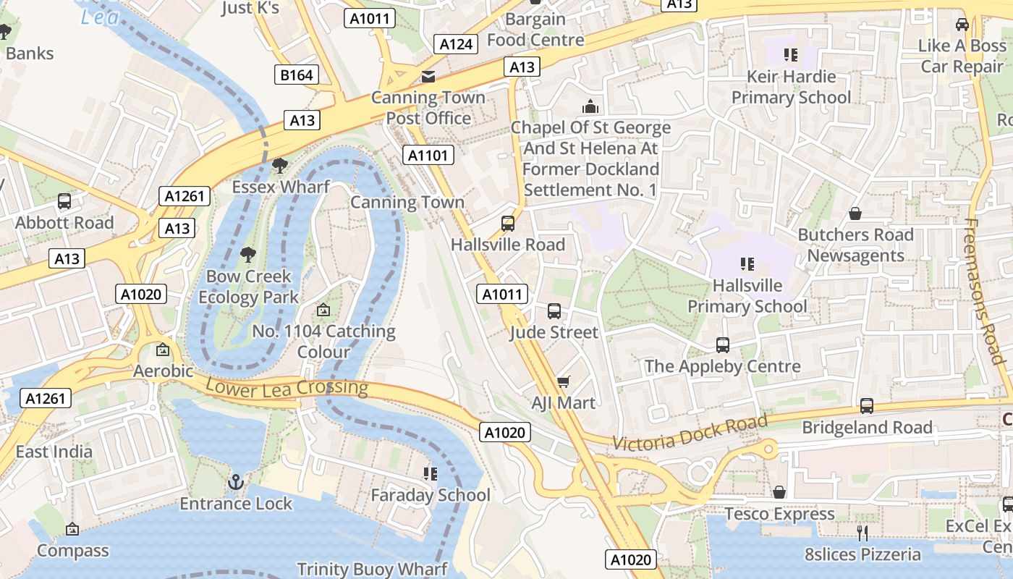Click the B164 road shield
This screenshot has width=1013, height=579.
pos(297,75)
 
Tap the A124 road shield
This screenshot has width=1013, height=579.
pos(457,44)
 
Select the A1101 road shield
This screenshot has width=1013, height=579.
pos(429,155)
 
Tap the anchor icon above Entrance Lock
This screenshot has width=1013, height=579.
pos(236,482)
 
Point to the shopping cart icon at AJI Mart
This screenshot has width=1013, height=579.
pos(564,381)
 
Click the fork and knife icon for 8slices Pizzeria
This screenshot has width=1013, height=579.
pos(862,533)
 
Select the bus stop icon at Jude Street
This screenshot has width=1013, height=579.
pos(554,311)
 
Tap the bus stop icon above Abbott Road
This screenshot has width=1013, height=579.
pos(64,201)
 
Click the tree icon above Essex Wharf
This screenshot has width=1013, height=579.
pos(279,166)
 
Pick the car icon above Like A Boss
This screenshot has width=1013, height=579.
pos(962,25)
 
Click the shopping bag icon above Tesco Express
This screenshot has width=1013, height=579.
pos(779,492)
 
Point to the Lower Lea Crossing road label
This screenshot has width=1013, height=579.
pos(287,387)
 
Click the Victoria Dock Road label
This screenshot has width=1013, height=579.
pos(690,432)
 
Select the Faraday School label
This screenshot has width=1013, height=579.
pos(431,496)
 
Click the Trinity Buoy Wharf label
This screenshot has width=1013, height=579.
pos(372,569)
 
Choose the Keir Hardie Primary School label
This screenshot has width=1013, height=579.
pos(791,87)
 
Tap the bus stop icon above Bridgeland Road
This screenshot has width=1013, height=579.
pos(867,406)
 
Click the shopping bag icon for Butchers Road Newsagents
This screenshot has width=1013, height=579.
pos(855,214)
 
